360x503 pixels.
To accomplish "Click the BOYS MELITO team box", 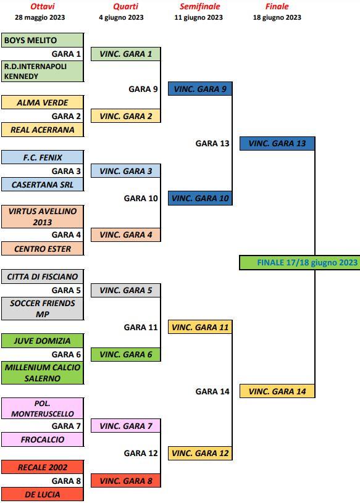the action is [43, 40].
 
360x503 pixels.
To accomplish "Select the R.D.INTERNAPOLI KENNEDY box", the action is [43, 71].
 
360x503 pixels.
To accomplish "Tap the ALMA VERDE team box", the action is [43, 102].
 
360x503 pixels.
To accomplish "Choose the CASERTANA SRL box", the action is [43, 185].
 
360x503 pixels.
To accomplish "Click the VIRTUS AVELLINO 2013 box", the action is [43, 217].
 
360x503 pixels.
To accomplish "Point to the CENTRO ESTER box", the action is [43, 249].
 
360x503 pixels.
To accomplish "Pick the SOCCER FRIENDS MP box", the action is [43, 309].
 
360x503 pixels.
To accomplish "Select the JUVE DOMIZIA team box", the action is [43, 341].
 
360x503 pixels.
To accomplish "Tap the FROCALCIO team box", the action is [43, 439].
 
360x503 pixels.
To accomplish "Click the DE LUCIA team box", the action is [43, 494].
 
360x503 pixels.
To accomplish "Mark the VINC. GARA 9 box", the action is [200, 88].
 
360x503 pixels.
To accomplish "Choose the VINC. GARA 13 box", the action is [277, 143].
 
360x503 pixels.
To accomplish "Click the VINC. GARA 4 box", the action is [126, 235].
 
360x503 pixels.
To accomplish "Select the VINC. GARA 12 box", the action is [200, 453].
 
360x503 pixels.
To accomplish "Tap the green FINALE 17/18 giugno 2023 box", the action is [299, 263].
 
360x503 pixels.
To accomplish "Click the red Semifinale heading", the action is [200, 6].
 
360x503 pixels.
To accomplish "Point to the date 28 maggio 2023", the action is [40, 17].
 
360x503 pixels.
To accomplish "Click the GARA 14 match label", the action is [212, 391].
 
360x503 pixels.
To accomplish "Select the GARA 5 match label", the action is [66, 290].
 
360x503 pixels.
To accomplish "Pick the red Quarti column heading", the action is [126, 6].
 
